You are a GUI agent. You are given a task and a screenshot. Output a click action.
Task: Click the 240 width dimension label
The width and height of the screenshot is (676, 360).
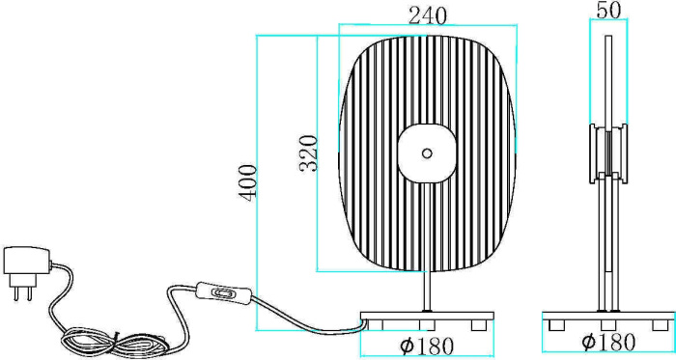click(427, 16)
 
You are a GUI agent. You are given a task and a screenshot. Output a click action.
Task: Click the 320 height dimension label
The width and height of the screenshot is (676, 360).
click(308, 153)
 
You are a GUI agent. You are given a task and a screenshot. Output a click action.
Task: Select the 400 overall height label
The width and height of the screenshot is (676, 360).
click(247, 181)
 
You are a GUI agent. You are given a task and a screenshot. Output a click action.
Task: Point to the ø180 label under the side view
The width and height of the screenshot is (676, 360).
click(608, 342)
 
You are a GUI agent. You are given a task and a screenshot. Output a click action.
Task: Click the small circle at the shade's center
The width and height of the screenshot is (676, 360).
click(427, 152)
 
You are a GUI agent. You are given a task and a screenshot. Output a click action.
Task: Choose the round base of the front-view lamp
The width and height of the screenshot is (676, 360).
click(427, 316)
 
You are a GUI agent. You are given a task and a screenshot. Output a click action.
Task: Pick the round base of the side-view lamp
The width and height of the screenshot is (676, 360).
click(608, 317)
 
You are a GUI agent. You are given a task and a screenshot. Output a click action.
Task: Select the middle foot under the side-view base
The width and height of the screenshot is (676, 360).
click(608, 325)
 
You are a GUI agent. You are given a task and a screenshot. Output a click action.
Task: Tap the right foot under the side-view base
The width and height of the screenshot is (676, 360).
click(662, 325)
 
